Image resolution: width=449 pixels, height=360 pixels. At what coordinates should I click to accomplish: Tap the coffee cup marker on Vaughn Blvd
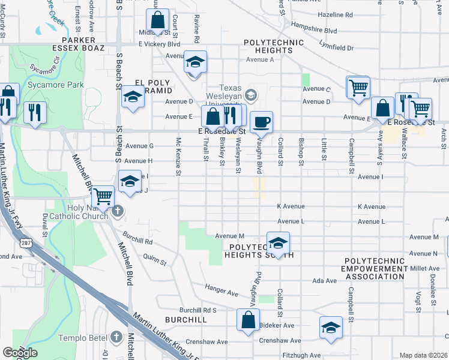[261, 122]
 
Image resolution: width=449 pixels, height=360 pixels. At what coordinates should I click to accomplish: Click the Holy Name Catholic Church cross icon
[118, 210]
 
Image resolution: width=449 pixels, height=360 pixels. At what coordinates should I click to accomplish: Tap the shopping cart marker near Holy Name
[103, 196]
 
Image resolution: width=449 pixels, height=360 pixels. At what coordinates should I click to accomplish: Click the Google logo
[20, 353]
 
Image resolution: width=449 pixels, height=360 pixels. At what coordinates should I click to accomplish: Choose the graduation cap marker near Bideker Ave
[330, 328]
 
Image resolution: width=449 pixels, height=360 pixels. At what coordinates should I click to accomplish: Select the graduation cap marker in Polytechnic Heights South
[278, 243]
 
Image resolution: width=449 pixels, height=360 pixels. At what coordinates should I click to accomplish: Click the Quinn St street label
[154, 260]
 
